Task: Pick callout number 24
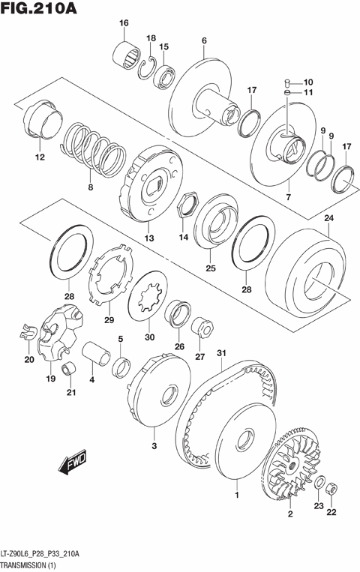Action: coord(328,218)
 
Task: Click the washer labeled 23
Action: coord(318,481)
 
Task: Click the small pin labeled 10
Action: coord(288,82)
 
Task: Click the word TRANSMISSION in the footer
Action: coord(25,564)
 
